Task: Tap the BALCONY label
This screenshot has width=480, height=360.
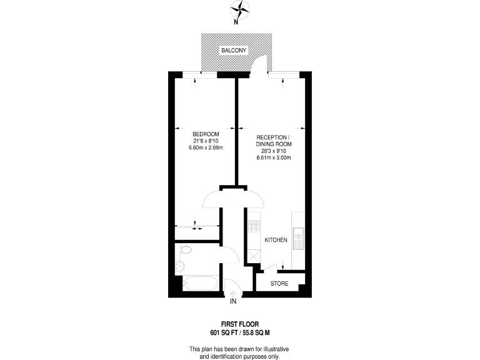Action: click(233, 50)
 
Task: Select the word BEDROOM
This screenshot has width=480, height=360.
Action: click(206, 135)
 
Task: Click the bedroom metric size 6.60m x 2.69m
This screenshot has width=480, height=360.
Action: click(206, 148)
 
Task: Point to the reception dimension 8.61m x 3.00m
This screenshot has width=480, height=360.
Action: click(274, 157)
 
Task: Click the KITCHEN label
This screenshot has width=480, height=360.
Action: click(276, 240)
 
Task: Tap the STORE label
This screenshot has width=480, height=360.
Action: click(279, 283)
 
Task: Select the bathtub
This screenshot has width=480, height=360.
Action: click(199, 282)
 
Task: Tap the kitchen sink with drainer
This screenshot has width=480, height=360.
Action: click(298, 239)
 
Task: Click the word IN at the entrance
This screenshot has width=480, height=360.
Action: click(234, 302)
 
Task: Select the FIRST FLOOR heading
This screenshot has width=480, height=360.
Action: click(239, 324)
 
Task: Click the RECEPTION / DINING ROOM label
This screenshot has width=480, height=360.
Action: click(273, 141)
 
